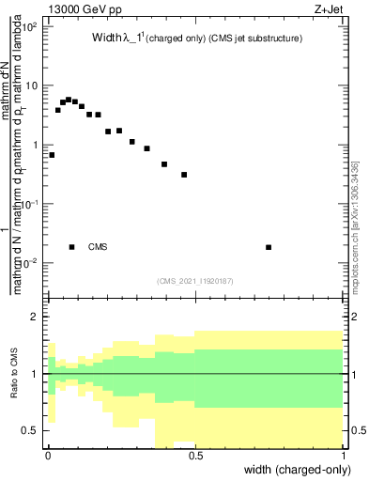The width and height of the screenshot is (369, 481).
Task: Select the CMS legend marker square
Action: pos(72,247)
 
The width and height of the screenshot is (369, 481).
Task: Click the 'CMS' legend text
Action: pos(98,247)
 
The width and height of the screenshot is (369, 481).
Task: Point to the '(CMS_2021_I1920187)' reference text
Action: pos(195,280)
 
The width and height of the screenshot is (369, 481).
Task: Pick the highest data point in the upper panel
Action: pos(69,99)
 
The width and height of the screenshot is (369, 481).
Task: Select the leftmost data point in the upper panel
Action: pos(52,155)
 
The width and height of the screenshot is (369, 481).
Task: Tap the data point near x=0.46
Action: pos(184,175)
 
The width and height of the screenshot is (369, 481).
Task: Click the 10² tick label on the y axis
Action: pos(31,26)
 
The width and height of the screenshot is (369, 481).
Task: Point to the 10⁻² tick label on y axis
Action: pos(31,263)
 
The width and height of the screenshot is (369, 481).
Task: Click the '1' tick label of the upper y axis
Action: pos(35,145)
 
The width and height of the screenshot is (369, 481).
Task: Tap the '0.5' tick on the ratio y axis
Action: pos(32,431)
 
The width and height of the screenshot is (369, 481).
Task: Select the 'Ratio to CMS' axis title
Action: pos(14,374)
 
